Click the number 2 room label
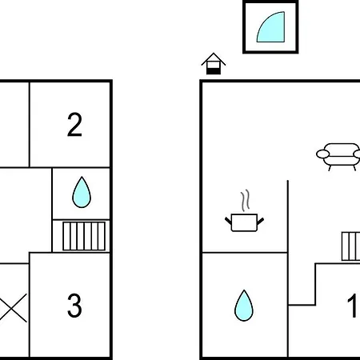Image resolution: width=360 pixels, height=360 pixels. (x=74, y=125)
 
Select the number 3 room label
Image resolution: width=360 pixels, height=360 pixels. (x=74, y=306)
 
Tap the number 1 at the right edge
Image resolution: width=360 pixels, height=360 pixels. (x=352, y=306)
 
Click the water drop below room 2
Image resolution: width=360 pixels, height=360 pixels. (x=82, y=192)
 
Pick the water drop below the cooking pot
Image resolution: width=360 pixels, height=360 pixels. (x=244, y=306)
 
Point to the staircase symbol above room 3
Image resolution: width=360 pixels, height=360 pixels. (x=84, y=236)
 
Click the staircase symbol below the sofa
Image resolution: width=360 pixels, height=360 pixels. (x=351, y=246)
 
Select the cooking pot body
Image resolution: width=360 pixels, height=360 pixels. (x=244, y=222)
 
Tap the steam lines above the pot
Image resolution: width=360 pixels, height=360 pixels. (x=246, y=200)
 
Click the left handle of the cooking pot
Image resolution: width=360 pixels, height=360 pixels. (x=228, y=221)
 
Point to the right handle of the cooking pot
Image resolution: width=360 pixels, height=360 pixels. (x=261, y=221)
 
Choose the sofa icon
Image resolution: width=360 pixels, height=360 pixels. (x=338, y=157)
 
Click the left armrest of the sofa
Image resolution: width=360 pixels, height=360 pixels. (x=322, y=154)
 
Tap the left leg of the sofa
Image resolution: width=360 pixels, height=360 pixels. (x=330, y=168)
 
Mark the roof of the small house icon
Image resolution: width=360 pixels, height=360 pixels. (x=214, y=59)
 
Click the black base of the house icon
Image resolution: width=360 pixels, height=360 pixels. (x=214, y=71)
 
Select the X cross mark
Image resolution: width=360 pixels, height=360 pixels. (x=14, y=308)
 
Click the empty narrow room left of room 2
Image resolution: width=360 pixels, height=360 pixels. (x=14, y=125)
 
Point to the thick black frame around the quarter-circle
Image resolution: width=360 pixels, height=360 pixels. (x=270, y=2)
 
